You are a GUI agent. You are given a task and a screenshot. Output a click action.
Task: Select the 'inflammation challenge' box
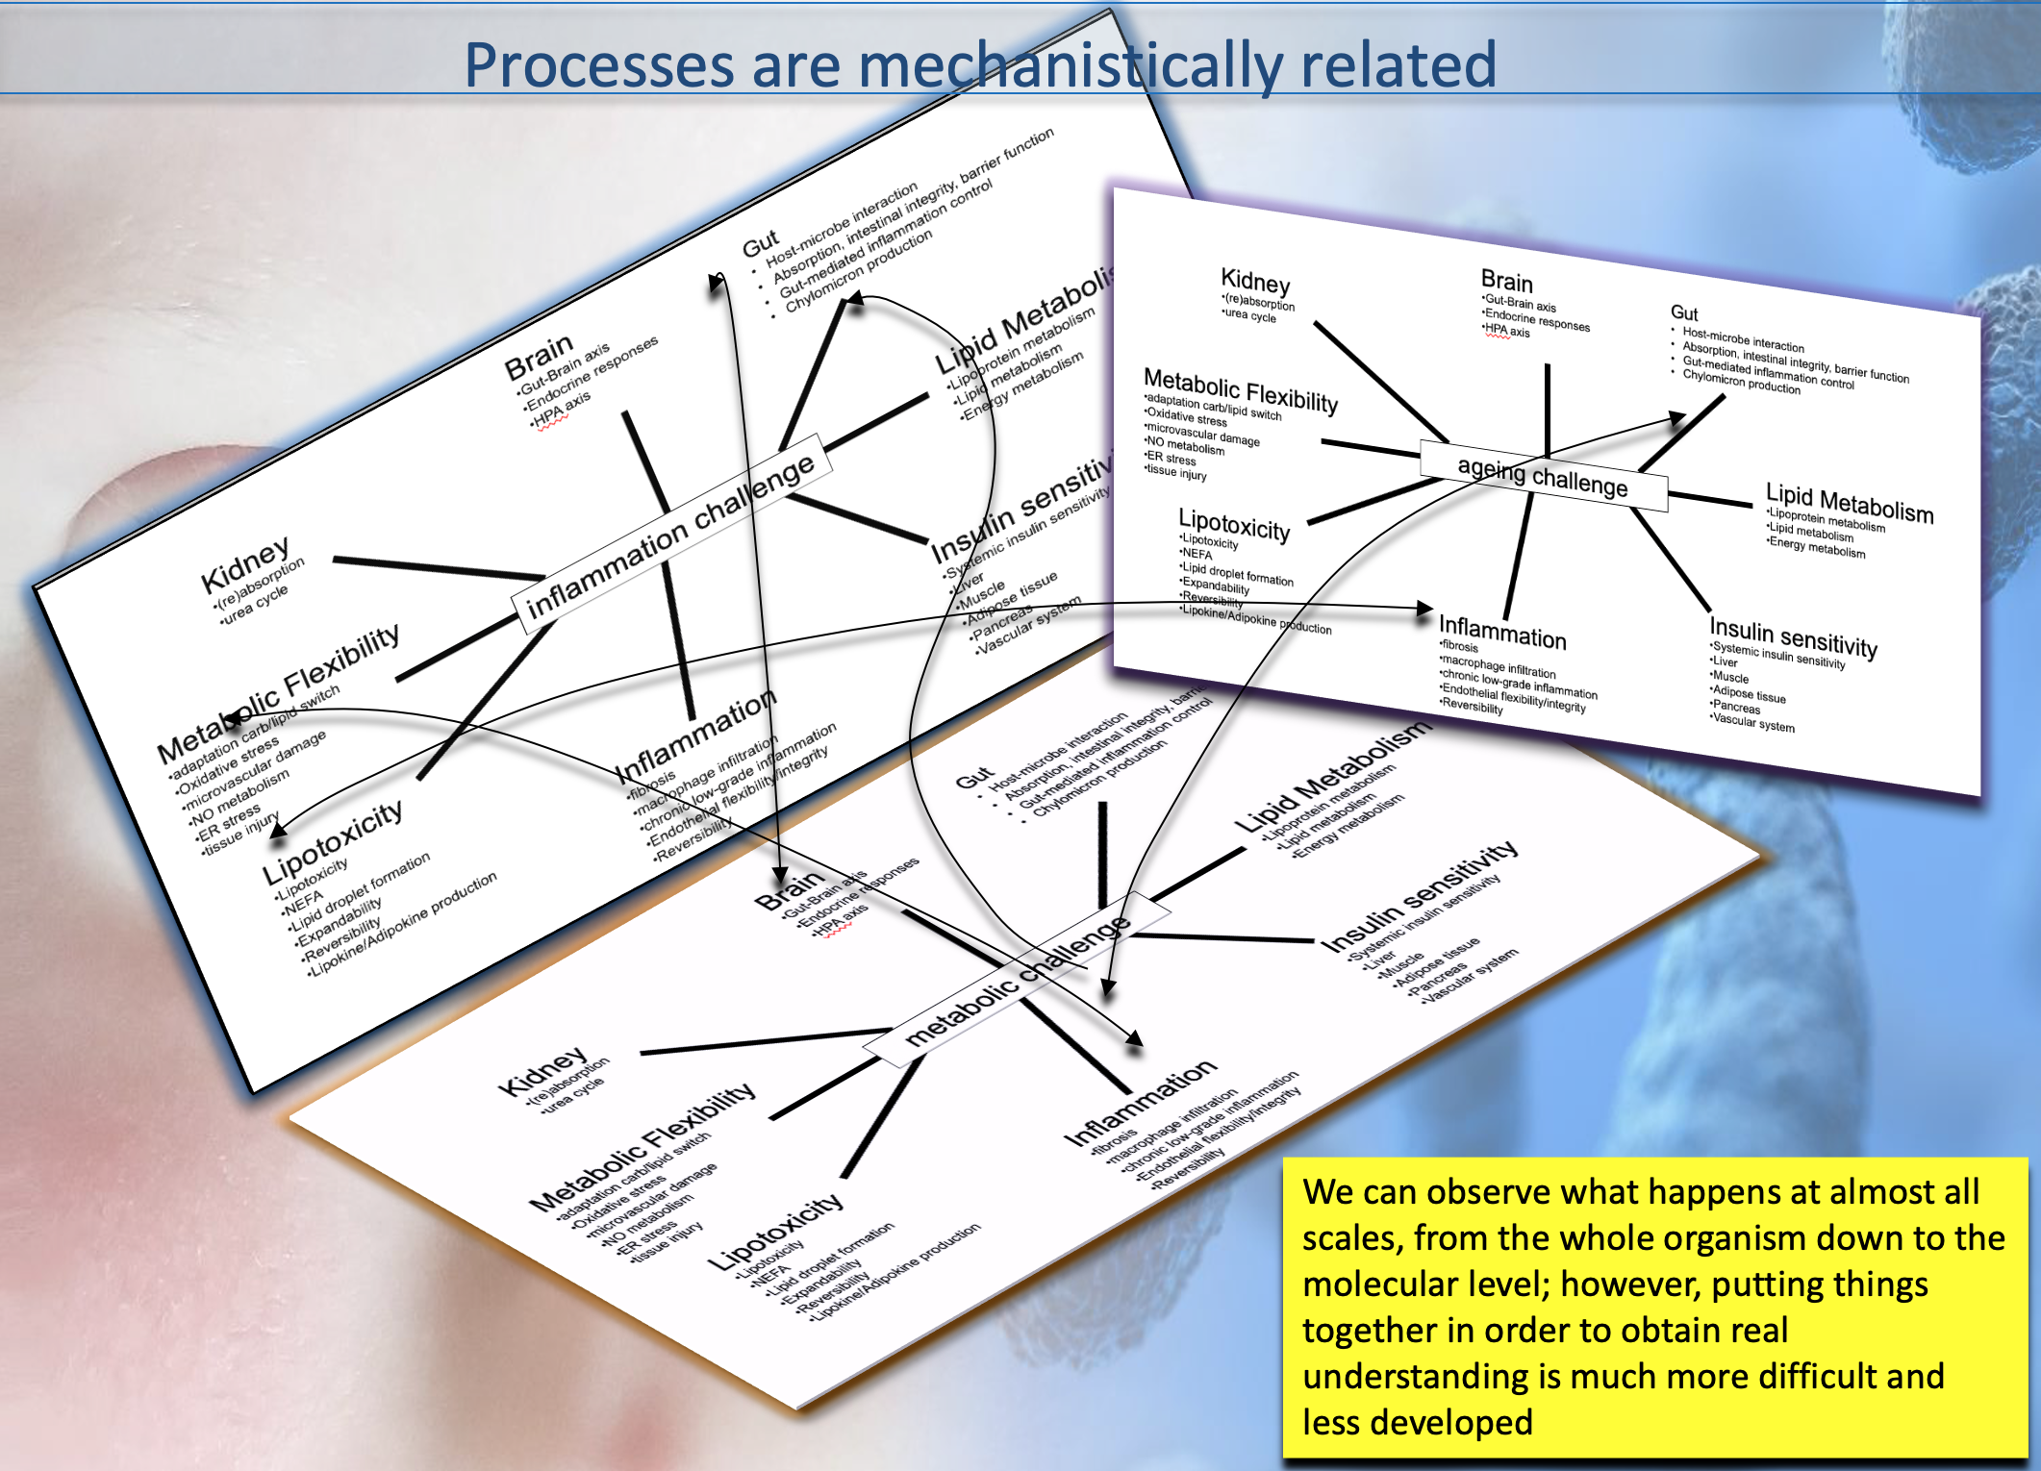click(x=670, y=536)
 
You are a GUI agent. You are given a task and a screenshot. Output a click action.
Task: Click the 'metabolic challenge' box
click(x=1017, y=980)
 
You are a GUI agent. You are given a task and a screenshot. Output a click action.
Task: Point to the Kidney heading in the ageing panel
click(x=1255, y=281)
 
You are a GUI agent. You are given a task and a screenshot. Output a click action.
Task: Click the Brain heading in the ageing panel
click(x=1506, y=281)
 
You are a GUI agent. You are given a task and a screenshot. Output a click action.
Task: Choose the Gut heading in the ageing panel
click(x=1684, y=312)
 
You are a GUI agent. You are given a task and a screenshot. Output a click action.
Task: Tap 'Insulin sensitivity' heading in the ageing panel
click(x=1793, y=637)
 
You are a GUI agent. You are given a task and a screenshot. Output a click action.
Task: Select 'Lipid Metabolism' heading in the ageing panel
click(x=1849, y=503)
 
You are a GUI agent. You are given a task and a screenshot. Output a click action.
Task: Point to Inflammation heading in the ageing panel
click(x=1502, y=632)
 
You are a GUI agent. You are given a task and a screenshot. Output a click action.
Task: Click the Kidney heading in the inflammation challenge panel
click(x=244, y=565)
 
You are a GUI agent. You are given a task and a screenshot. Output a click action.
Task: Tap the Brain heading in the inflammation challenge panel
click(x=539, y=358)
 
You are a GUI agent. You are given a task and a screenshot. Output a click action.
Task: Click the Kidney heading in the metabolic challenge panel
click(x=542, y=1070)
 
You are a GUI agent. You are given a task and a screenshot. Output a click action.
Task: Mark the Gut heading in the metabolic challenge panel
click(x=973, y=777)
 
